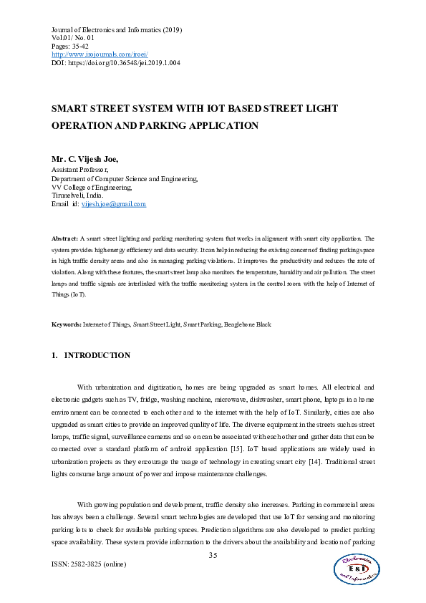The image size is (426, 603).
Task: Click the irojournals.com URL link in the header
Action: [x=100, y=54]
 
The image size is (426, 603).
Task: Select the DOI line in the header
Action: [x=115, y=62]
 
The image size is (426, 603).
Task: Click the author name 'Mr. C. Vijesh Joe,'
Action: [x=84, y=159]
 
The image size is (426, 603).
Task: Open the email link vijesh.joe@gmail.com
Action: [x=112, y=204]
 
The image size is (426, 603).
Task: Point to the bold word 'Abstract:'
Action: [x=65, y=238]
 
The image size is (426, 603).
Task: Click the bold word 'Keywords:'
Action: [x=67, y=324]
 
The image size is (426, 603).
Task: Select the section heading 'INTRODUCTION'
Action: [x=97, y=355]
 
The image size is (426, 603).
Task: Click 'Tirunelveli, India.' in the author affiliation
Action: [x=77, y=195]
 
